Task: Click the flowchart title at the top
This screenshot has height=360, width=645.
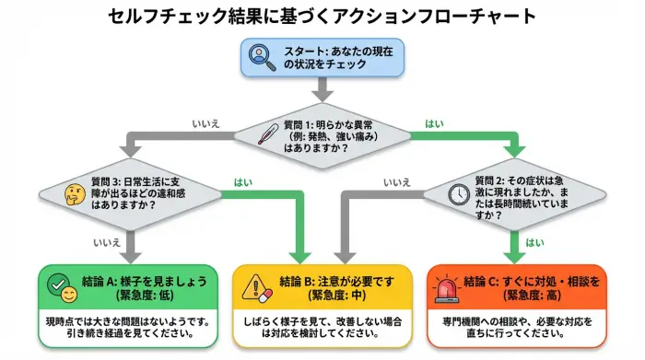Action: pyautogui.click(x=321, y=16)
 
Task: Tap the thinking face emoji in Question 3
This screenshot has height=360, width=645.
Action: pyautogui.click(x=74, y=194)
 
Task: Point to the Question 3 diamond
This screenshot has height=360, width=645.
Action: pyautogui.click(x=129, y=194)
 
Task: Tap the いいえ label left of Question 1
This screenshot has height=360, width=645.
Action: pyautogui.click(x=205, y=123)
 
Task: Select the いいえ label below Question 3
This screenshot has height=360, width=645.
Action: pyautogui.click(x=107, y=242)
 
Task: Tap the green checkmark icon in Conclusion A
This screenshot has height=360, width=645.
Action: pyautogui.click(x=57, y=282)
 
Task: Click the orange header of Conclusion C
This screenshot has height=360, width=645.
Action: pyautogui.click(x=519, y=286)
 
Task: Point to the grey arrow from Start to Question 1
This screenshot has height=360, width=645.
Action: pyautogui.click(x=321, y=89)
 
